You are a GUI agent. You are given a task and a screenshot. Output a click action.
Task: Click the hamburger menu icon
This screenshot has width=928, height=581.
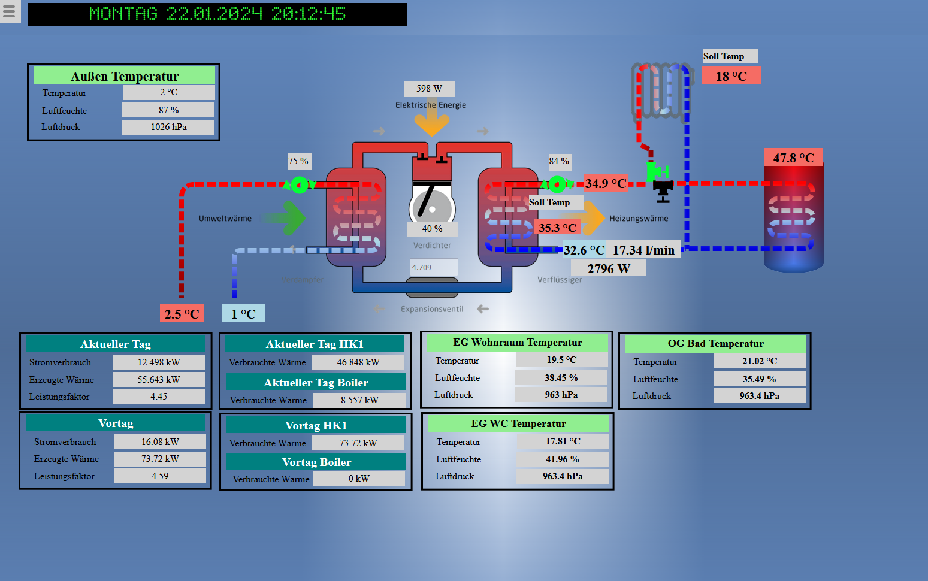coord(10,11)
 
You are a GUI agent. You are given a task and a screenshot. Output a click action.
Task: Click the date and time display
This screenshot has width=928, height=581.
coord(217,14)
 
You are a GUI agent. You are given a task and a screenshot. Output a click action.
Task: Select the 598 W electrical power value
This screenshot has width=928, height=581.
coord(429,89)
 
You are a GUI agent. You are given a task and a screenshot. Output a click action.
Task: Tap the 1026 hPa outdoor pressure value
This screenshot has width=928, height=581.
coord(168,127)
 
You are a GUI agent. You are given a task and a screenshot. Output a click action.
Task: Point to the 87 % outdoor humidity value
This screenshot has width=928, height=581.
coord(168,110)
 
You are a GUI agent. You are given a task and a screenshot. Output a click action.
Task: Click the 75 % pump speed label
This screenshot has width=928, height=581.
coord(298,161)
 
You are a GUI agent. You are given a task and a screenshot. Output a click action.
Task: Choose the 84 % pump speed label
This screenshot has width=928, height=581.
coord(559,161)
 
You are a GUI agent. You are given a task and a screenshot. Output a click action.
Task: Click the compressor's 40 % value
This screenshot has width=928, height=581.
coord(432,229)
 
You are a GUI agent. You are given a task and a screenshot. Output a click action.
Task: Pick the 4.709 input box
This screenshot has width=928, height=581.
coord(434,267)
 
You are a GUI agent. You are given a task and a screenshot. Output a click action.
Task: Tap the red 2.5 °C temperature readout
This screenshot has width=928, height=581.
coord(182,314)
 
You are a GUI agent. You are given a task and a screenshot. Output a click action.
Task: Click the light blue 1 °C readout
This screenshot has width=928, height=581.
coord(243,314)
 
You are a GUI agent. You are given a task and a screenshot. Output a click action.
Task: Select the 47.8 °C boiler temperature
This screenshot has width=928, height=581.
coord(793,158)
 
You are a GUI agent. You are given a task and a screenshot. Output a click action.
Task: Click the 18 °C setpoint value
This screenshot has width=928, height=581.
coord(731,76)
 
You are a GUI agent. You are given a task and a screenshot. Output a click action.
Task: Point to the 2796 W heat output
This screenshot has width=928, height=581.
coord(609,268)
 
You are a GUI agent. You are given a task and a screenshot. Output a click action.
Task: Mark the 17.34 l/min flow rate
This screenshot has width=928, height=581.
coord(643,250)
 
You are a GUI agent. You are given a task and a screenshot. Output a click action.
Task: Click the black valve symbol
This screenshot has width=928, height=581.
coord(663,191)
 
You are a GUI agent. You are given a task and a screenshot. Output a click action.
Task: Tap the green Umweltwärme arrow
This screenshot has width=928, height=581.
coord(288,218)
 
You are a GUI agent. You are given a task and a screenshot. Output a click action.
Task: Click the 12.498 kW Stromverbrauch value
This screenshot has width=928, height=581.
coord(159,362)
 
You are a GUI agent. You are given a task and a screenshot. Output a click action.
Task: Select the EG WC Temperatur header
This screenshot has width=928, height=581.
coord(518,423)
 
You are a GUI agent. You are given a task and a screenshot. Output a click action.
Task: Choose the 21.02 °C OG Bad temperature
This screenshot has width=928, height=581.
coord(759,361)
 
